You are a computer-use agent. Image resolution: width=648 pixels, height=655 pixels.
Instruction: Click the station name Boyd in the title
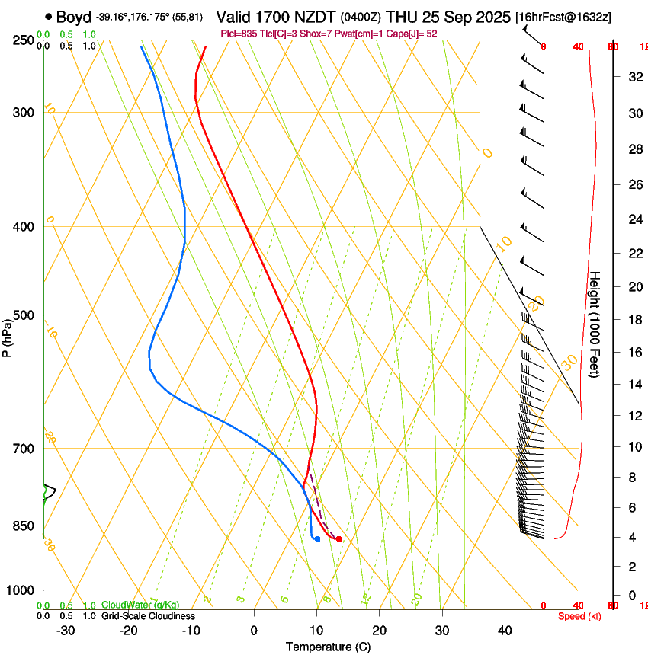coord(73,17)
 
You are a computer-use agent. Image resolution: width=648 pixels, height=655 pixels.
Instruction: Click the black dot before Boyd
coord(49,16)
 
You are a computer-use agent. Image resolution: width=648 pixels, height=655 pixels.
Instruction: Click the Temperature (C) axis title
coord(328,647)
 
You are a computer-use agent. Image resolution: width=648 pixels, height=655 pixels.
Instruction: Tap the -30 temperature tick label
coord(66,630)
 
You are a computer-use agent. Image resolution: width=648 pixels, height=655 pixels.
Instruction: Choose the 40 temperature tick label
coord(505,630)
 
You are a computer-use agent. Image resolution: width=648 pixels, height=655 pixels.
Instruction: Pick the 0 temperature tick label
coord(255,630)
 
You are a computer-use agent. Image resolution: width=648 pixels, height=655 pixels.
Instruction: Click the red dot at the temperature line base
coord(338,539)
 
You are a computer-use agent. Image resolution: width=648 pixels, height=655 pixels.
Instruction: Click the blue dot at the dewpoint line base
coord(317,539)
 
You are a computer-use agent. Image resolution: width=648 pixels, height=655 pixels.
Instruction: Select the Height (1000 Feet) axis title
coord(595,324)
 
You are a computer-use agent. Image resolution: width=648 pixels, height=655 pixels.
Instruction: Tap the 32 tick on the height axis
coord(634,76)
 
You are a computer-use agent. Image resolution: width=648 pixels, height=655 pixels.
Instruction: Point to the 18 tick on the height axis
coord(634,320)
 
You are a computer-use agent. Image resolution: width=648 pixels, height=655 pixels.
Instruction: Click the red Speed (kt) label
coord(579,616)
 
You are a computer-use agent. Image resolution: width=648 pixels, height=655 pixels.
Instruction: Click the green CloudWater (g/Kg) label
coord(130,605)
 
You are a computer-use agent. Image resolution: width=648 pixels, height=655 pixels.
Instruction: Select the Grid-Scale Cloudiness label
coord(148,616)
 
